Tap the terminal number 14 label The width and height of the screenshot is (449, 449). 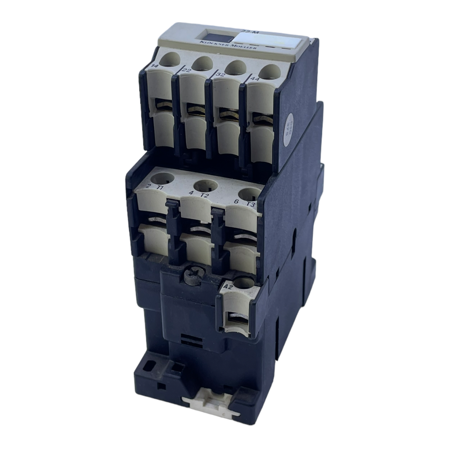155,65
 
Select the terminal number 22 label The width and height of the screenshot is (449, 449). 186,70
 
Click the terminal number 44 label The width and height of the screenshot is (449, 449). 255,78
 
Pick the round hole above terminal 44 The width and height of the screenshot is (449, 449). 271,71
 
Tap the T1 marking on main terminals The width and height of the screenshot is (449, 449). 160,188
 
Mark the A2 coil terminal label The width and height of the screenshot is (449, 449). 227,286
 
